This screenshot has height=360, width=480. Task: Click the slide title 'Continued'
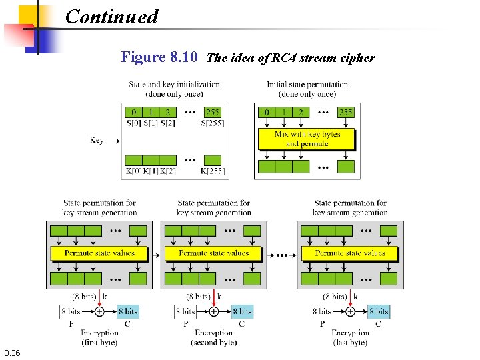(x=112, y=16)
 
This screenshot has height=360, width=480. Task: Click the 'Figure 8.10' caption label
(x=159, y=57)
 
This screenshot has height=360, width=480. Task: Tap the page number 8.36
(x=13, y=353)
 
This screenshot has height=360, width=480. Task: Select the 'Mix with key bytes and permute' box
(x=307, y=139)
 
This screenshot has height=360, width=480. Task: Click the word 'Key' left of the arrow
(x=97, y=140)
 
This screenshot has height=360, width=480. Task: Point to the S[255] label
(x=212, y=123)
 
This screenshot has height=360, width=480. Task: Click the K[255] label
(x=213, y=171)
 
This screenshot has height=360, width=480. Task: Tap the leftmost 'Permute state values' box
(x=99, y=253)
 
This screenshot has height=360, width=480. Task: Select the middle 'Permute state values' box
(x=214, y=253)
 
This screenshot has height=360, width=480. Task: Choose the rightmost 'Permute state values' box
(x=351, y=253)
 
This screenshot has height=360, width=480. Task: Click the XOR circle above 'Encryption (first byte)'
(x=99, y=311)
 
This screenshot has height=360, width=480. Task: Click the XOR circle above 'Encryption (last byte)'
(x=350, y=311)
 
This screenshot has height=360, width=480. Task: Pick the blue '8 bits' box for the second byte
(x=241, y=311)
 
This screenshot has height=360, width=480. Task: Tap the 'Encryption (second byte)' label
(x=214, y=337)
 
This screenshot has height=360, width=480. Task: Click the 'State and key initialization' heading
(x=174, y=89)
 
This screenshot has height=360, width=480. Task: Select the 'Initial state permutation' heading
(x=307, y=89)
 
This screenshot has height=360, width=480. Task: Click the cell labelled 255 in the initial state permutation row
(x=346, y=112)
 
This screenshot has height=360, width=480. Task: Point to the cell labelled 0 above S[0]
(x=134, y=112)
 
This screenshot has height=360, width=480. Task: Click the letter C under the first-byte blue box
(x=127, y=324)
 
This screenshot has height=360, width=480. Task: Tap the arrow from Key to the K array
(x=113, y=140)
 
